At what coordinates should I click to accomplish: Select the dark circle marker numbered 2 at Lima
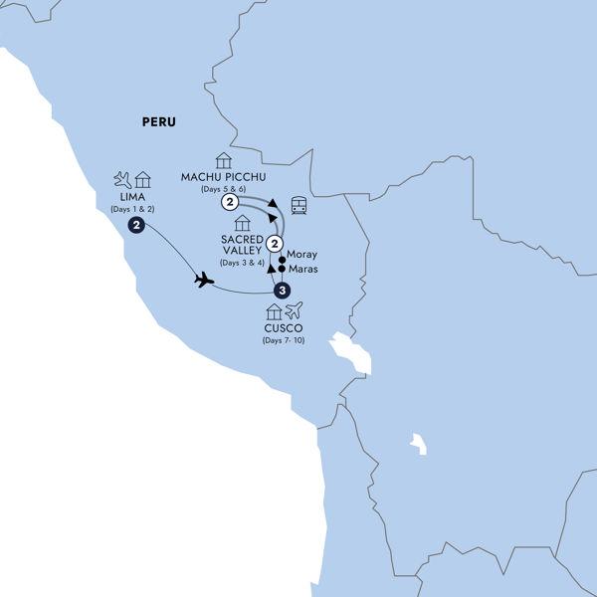pos(135,226)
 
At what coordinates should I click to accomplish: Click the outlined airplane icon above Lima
pos(123,180)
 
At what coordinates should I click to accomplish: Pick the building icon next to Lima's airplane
pos(143,180)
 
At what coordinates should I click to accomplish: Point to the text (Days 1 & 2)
pos(132,211)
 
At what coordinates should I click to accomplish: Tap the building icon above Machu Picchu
pos(223,160)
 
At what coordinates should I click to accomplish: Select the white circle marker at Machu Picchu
pos(231,203)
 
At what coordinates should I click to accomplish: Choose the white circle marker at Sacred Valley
pos(276,245)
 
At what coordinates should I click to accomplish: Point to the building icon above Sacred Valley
pos(242,223)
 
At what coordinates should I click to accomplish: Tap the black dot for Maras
pos(283,269)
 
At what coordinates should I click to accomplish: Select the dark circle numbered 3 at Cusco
pos(283,291)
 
